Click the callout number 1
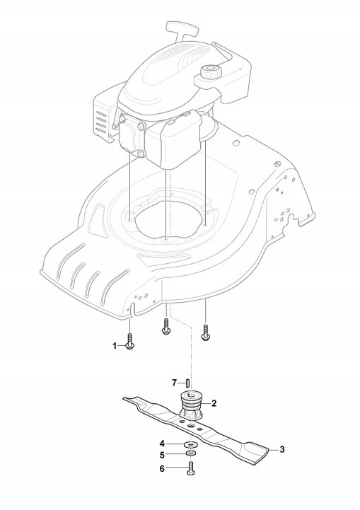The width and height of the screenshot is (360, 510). (115, 346)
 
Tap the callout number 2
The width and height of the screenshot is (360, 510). (214, 403)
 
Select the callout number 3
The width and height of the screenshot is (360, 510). (282, 449)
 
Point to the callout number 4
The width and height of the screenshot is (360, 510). (162, 444)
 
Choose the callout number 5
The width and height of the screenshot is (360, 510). (162, 455)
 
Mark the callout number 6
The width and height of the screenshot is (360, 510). (162, 469)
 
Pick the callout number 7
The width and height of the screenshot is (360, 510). (174, 383)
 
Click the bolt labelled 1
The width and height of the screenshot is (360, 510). (129, 342)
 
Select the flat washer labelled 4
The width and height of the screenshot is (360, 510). (190, 444)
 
